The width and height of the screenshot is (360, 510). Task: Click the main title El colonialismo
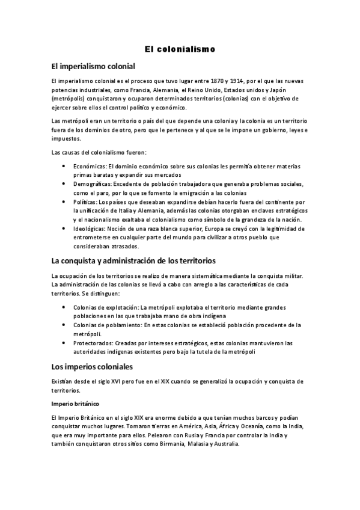[x=180, y=48]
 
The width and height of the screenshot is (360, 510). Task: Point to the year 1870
[x=215, y=80]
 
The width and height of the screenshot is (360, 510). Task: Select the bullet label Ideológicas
[x=91, y=229]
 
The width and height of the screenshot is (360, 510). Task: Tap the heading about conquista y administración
[x=129, y=260]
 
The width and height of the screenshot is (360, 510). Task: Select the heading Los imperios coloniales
[x=92, y=366]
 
